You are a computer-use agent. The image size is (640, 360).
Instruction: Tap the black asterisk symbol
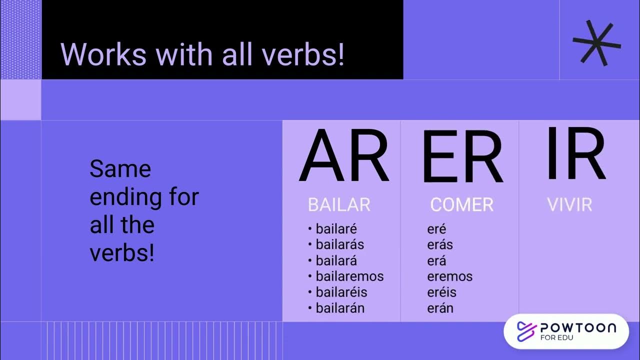point(596,43)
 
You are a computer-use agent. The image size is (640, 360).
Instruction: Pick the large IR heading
point(575,155)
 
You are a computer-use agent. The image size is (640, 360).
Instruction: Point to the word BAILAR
point(339,205)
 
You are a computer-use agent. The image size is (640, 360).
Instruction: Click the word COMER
point(461,205)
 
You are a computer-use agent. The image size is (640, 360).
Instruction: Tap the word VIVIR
point(569,205)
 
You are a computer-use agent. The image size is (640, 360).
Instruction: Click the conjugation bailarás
point(339,245)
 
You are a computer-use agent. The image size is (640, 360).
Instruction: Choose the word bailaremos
point(349,276)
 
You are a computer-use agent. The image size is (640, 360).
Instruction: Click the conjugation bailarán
point(340,308)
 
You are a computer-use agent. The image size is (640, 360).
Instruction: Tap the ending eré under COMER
point(436,229)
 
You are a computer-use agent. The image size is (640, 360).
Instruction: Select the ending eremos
point(449,276)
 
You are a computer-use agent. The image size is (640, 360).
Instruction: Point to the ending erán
point(440,308)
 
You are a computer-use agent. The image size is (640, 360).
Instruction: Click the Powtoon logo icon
point(526,331)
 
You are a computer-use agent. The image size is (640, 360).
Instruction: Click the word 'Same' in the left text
point(120,169)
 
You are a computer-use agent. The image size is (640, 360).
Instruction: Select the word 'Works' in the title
point(103,54)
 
